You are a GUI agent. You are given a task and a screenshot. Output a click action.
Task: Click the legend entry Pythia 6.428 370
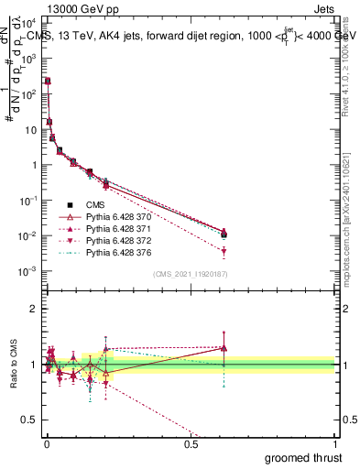(119, 216)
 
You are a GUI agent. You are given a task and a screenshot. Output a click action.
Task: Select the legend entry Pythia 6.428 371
(119, 228)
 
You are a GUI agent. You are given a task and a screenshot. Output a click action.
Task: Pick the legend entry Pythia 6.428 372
(119, 240)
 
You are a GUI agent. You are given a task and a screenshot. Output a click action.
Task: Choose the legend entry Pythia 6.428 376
(119, 252)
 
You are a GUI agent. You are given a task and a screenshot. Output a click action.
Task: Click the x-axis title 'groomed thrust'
(304, 456)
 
